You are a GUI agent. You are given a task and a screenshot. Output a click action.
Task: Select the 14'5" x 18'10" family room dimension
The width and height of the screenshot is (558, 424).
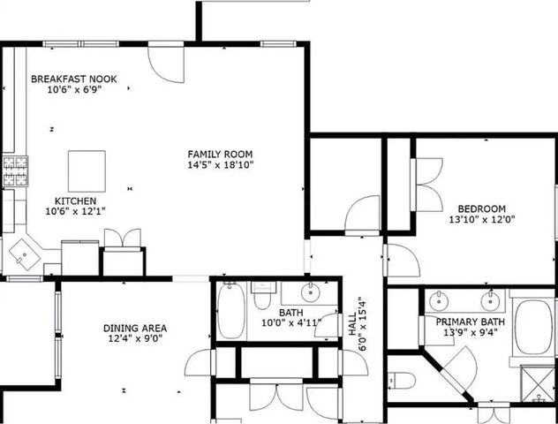tap(220, 164)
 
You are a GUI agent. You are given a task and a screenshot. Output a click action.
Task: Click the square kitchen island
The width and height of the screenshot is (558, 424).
tap(87, 170)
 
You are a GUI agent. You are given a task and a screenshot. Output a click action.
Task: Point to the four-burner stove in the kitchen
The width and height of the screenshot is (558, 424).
tap(14, 171)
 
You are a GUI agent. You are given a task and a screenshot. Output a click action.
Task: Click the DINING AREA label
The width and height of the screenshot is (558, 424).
tap(136, 328)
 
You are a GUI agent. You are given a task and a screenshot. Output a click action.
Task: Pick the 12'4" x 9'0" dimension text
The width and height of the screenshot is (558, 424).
tap(136, 338)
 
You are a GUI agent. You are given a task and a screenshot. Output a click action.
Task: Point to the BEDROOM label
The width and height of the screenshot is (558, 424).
tap(480, 208)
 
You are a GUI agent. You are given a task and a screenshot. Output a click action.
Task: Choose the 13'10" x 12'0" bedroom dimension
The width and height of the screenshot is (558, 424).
tap(480, 219)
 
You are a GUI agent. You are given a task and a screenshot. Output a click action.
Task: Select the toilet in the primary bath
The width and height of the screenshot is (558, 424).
tap(403, 382)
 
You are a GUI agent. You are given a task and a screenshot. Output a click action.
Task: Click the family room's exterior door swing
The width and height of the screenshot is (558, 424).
tap(165, 62)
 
